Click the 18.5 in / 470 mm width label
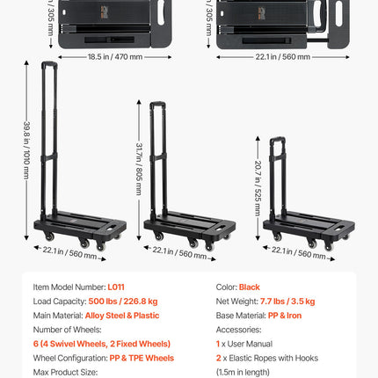click(115, 56)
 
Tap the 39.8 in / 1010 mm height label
click(26, 150)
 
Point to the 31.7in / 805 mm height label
click(139, 169)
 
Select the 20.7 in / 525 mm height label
click(258, 188)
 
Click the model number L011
click(116, 287)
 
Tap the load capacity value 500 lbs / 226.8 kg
click(123, 302)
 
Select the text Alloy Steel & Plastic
click(122, 316)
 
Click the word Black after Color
click(250, 287)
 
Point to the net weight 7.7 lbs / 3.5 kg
click(287, 302)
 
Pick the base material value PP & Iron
click(285, 316)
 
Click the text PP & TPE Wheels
click(142, 358)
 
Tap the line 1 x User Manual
click(244, 344)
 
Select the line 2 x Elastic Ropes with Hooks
click(267, 358)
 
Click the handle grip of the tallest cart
click(49, 64)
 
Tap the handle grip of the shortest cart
click(278, 139)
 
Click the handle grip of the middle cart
click(157, 104)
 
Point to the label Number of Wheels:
click(67, 330)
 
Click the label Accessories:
click(238, 330)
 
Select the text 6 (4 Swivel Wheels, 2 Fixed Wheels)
click(102, 344)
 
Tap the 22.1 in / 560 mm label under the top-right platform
click(283, 56)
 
